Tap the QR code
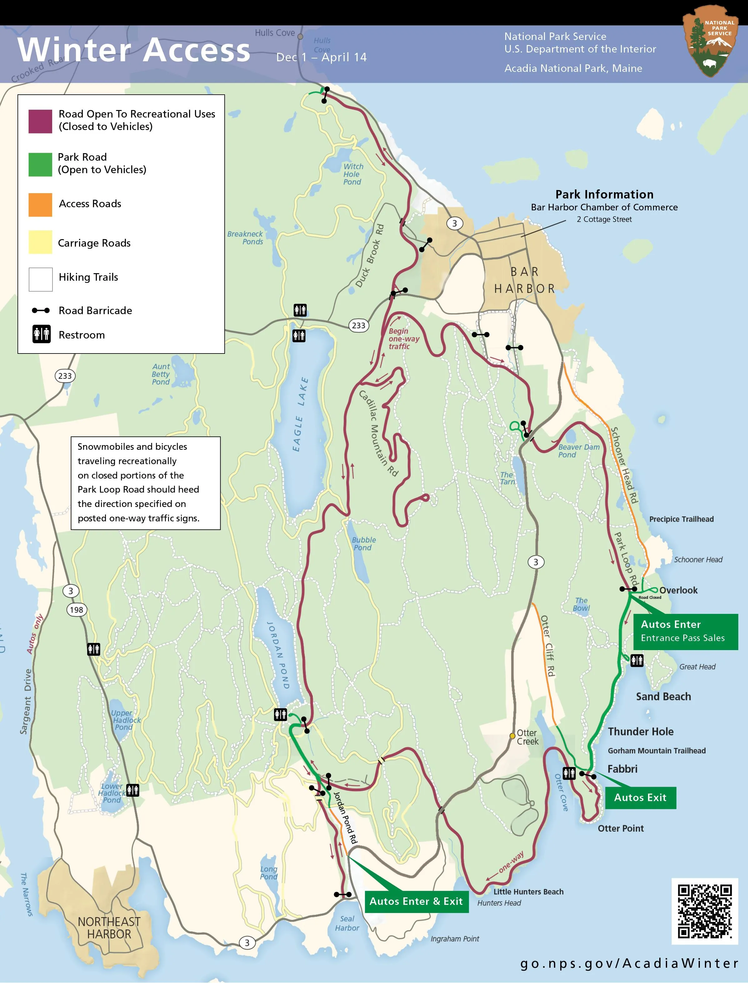[704, 911]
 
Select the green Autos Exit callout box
[640, 797]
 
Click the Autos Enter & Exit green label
[416, 901]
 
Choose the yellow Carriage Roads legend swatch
[40, 242]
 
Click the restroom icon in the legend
[42, 334]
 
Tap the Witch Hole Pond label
[353, 174]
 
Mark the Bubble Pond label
[363, 544]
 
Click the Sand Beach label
[663, 697]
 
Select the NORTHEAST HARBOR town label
[109, 928]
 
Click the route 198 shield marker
[76, 610]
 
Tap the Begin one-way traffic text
[403, 339]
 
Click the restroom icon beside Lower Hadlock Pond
[132, 790]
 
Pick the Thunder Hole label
[640, 731]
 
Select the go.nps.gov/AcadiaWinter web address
[629, 963]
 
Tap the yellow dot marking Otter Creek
[512, 736]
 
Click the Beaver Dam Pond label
[578, 451]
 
